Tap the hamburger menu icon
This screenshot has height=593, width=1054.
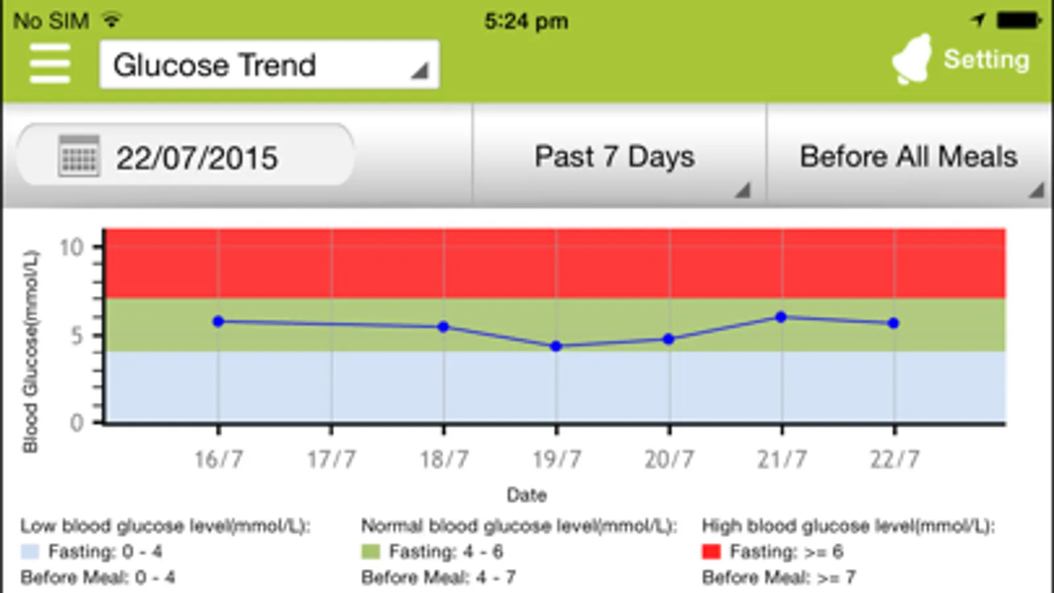point(50,64)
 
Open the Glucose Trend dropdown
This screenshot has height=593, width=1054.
point(269,65)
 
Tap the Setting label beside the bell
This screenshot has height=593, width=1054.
point(986,59)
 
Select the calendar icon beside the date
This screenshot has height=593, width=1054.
point(78,156)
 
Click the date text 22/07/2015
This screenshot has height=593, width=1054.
point(197,158)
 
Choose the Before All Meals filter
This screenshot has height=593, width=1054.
point(908,157)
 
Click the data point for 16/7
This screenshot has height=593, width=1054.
point(218,322)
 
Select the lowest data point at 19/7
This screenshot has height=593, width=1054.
point(556,346)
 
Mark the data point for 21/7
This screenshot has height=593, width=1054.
point(781,317)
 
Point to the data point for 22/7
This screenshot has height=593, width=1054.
point(893,323)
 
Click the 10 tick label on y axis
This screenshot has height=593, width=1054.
point(71,248)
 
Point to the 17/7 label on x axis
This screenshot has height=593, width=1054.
point(331,459)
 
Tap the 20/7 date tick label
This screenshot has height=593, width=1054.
point(669,459)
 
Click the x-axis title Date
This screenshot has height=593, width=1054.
point(526,495)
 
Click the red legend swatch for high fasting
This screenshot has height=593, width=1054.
point(711,551)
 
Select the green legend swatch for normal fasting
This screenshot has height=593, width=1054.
point(370,551)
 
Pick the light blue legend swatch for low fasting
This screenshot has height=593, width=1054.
point(30,551)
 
